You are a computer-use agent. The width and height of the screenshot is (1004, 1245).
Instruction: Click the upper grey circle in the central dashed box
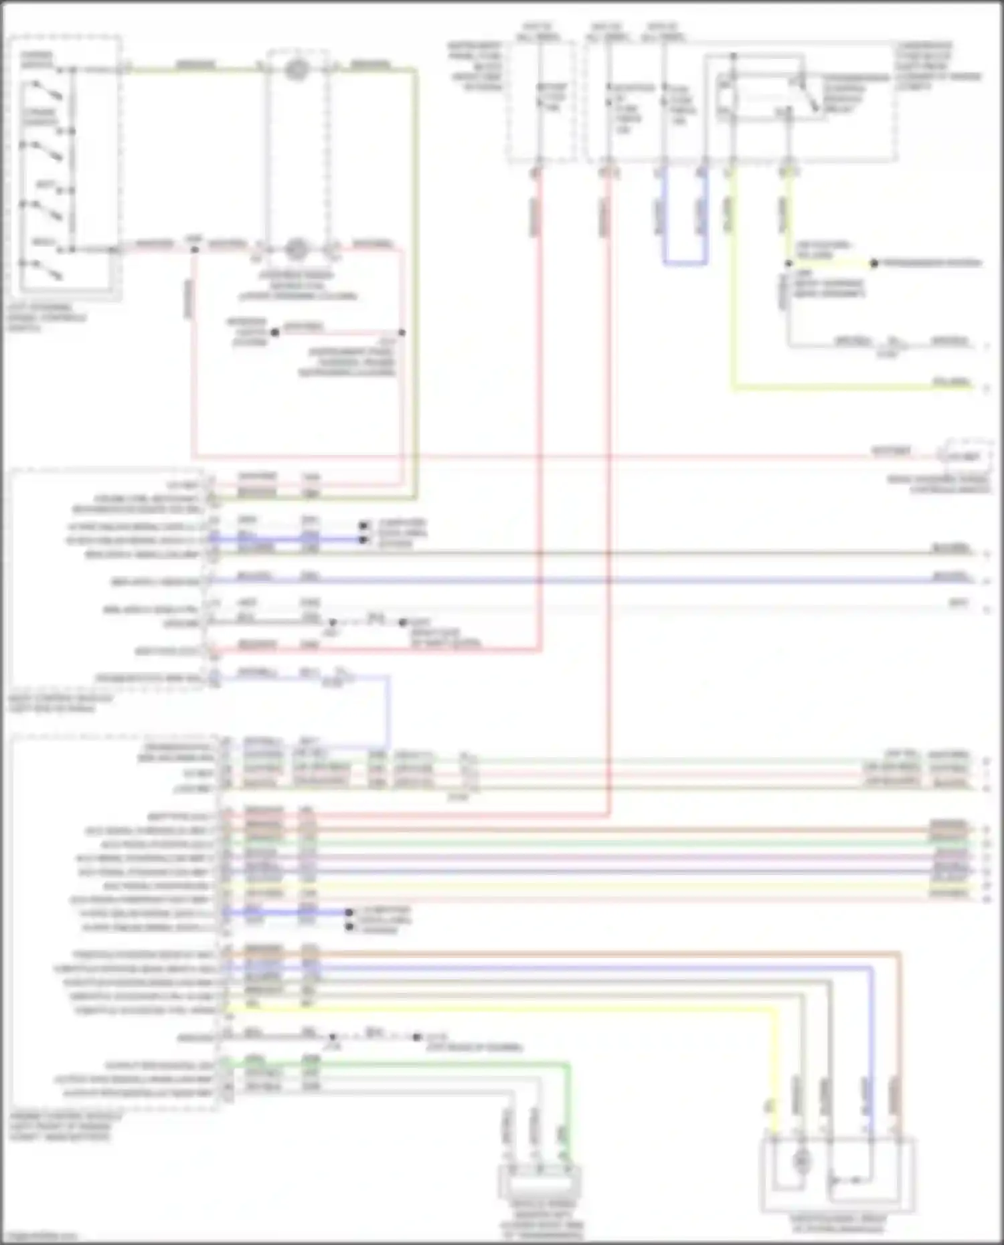point(297,69)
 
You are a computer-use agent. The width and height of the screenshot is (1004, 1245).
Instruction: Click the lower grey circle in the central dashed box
point(297,250)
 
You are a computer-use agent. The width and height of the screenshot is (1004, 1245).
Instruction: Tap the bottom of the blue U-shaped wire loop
point(685,264)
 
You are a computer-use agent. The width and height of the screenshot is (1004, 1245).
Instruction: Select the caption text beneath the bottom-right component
point(838,1224)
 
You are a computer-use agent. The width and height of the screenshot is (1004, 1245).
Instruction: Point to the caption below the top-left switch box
point(47,318)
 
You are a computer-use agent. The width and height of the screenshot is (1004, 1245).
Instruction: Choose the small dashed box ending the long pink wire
point(966,456)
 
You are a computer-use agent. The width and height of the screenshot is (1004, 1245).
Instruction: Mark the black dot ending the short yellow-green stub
point(873,263)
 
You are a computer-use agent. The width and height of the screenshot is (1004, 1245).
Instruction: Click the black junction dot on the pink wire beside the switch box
point(194,250)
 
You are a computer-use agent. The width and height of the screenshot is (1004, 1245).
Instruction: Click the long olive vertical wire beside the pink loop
point(416,281)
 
